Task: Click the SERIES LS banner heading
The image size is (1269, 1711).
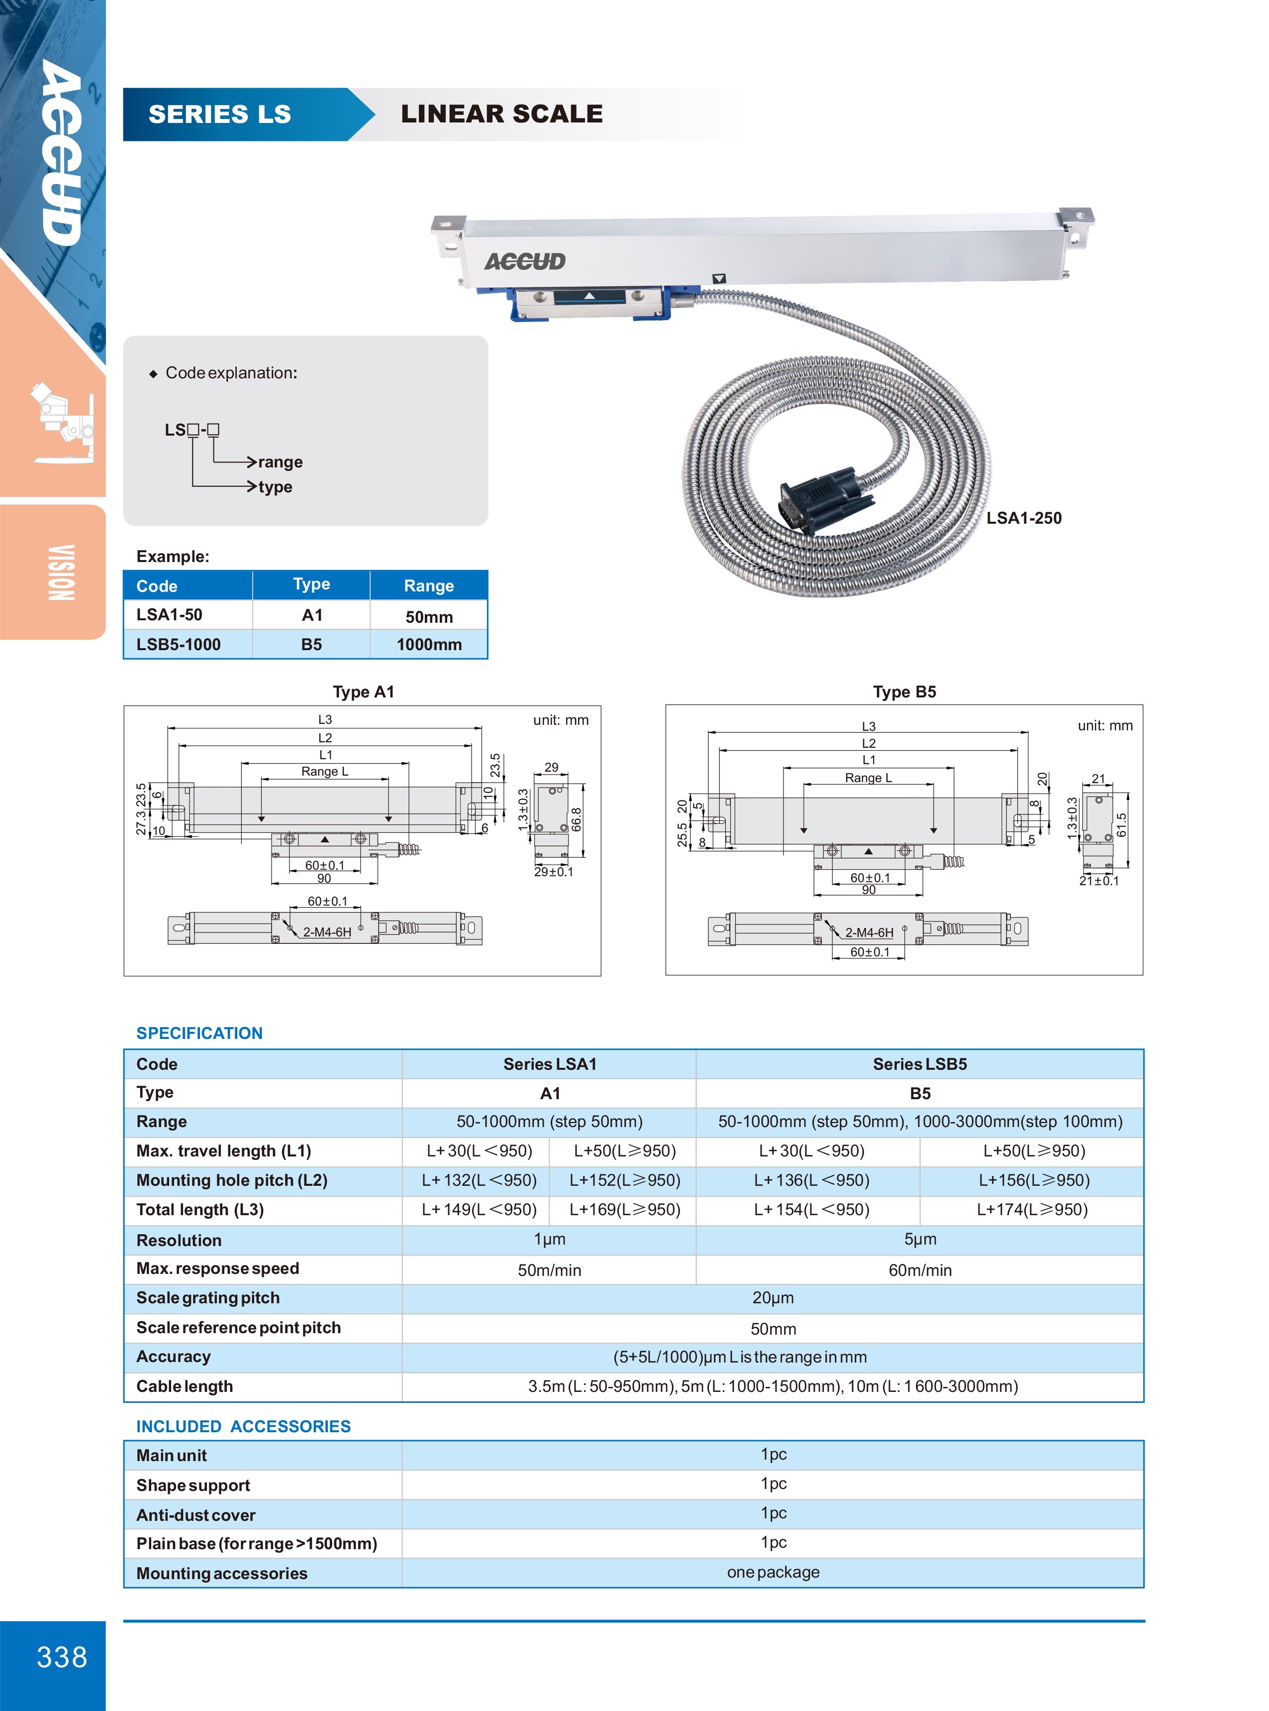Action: point(220,114)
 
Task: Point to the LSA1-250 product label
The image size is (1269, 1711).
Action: point(1023,518)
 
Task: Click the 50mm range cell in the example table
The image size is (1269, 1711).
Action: point(429,616)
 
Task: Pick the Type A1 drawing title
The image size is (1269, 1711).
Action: point(363,692)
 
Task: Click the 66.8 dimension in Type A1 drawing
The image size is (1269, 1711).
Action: point(576,819)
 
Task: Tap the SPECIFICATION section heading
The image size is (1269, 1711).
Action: point(199,1033)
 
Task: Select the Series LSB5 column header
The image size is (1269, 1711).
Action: point(919,1064)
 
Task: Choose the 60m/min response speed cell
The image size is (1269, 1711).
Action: point(919,1270)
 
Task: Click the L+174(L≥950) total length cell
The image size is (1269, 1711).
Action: point(1032,1210)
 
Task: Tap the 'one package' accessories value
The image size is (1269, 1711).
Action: point(773,1572)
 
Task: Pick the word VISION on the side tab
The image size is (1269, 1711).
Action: point(62,572)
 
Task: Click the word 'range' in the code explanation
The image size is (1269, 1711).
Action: point(281,462)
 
